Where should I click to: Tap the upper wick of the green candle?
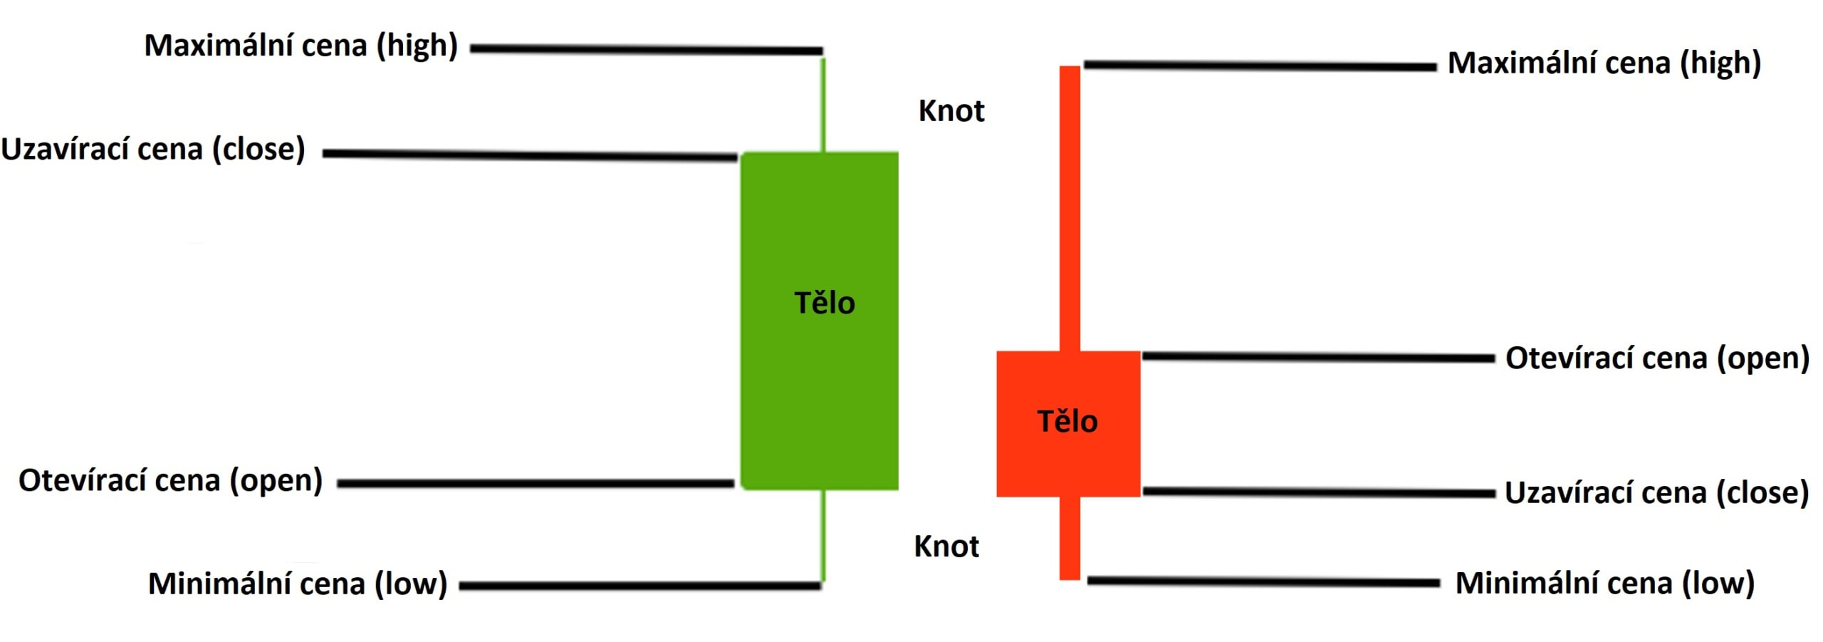point(823,104)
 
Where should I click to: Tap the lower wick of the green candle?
point(823,534)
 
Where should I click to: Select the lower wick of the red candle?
point(1070,538)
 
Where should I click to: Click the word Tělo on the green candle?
point(825,303)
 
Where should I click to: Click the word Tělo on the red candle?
point(1067,421)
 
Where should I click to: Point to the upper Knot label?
point(951,111)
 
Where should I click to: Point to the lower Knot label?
point(946,547)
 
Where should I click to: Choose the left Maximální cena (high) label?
point(301,46)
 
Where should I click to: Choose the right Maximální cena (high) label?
point(1604,63)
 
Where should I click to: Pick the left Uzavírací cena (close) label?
point(153,150)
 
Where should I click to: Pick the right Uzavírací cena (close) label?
point(1656,493)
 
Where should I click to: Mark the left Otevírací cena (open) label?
point(170,481)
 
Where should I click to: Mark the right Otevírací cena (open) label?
point(1657,358)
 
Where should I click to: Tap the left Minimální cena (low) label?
point(298,584)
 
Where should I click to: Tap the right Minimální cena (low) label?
point(1604,584)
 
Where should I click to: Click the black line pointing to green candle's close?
point(530,155)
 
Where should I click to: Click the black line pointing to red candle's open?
point(1317,357)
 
